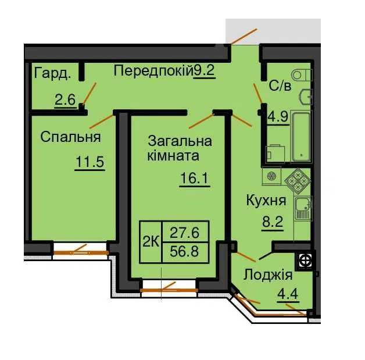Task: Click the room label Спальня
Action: coord(70,137)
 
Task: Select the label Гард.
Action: coord(53,73)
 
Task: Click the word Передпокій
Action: coord(153,71)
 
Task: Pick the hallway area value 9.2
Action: coord(204,71)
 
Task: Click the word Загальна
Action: coord(180,141)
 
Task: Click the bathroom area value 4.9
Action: coord(278,114)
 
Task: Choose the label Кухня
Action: coord(266,201)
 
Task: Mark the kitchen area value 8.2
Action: coord(270,221)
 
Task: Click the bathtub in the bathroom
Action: coord(301,135)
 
